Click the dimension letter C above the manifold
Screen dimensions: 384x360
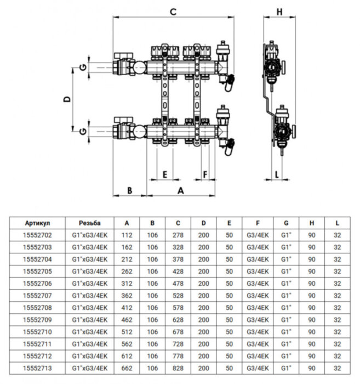point(173,11)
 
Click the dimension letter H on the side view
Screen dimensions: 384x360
point(279,11)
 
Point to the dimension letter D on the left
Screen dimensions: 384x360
point(66,99)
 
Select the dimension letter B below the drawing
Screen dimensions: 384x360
point(129,190)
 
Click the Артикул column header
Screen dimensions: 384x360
point(38,223)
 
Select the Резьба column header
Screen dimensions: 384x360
point(89,223)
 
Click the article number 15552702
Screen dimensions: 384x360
point(38,235)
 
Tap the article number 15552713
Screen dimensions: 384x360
point(38,368)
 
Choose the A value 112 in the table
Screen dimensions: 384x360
point(127,235)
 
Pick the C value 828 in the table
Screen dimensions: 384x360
point(178,368)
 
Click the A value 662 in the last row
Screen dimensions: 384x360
point(127,368)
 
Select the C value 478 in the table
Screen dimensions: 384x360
point(178,284)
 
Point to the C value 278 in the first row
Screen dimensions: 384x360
point(178,235)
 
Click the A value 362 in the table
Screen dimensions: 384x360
point(127,296)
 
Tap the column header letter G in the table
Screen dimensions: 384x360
point(286,223)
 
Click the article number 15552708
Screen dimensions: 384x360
point(38,308)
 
